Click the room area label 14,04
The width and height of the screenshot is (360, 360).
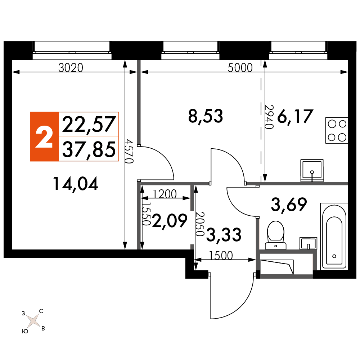pyautogui.click(x=76, y=184)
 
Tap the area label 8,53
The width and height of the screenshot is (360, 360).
pyautogui.click(x=206, y=116)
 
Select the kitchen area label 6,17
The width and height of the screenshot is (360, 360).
pyautogui.click(x=295, y=116)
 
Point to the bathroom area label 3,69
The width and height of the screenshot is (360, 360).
pyautogui.click(x=289, y=204)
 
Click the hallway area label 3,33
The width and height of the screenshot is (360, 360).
pyautogui.click(x=224, y=235)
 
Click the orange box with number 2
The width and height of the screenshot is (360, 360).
pyautogui.click(x=45, y=136)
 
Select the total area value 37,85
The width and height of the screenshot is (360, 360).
pyautogui.click(x=89, y=149)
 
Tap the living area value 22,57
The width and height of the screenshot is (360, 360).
pyautogui.click(x=89, y=124)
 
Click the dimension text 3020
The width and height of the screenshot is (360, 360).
pyautogui.click(x=71, y=68)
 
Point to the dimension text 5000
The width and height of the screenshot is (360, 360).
pyautogui.click(x=240, y=68)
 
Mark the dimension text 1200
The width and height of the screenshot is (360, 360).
pyautogui.click(x=165, y=194)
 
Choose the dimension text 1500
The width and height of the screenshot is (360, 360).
pyautogui.click(x=221, y=256)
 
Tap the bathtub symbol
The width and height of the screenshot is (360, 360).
pyautogui.click(x=334, y=236)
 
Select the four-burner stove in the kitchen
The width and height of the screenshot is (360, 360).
pyautogui.click(x=337, y=130)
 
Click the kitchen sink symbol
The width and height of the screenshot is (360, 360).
pyautogui.click(x=312, y=170)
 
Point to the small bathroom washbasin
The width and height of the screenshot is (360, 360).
pyautogui.click(x=309, y=243)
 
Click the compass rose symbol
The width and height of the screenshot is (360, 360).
pyautogui.click(x=33, y=320)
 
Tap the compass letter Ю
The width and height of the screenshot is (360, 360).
pyautogui.click(x=25, y=331)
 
